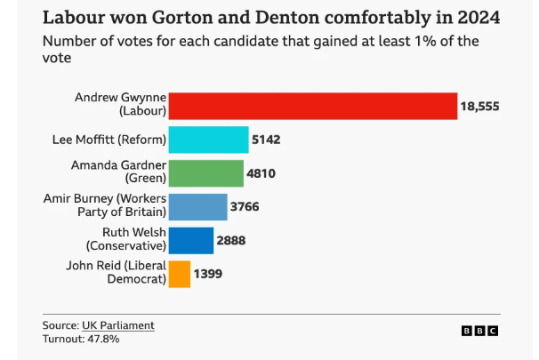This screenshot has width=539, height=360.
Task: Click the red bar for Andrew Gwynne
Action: pos(312,106)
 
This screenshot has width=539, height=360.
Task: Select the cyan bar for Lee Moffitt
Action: pos(208,140)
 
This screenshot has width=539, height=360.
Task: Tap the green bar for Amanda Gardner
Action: pos(205,173)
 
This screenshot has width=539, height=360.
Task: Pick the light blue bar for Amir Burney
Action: pos(197,207)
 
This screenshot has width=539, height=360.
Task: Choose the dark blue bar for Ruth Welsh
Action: pos(190,240)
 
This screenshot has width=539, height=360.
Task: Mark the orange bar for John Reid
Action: pos(179,274)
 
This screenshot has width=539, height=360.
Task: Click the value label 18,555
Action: pos(479,107)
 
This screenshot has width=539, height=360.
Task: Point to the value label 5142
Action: pos(268,140)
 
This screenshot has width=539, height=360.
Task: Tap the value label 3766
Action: pos(247,207)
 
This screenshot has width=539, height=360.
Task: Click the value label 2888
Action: pos(231,240)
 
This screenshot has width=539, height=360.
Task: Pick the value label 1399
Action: pos(208,274)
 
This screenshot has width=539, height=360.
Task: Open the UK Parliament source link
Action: pos(118,325)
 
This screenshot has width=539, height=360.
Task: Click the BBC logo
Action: pos(479,331)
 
